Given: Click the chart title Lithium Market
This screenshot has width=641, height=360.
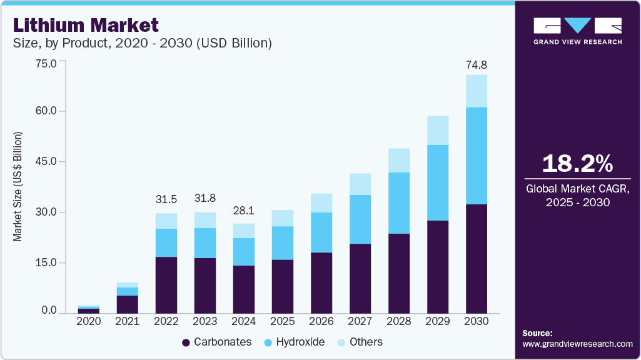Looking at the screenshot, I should [x=86, y=26].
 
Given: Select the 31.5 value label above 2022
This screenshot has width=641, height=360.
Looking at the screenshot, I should [x=166, y=199].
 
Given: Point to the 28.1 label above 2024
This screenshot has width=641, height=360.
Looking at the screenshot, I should [x=244, y=211].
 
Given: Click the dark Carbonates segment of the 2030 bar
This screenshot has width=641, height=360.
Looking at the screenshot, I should [x=477, y=258].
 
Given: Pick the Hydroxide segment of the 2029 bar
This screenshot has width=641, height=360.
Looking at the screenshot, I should [x=438, y=182].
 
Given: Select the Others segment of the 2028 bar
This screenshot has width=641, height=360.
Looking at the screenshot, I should [x=399, y=161].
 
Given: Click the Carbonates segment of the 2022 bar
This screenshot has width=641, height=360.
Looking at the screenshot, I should [x=166, y=284].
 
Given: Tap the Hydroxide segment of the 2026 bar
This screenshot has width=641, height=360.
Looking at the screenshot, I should [x=321, y=232].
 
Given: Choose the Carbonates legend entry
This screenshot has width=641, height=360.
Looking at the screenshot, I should [x=216, y=342].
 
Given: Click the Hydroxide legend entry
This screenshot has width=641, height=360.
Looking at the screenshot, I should [x=293, y=342].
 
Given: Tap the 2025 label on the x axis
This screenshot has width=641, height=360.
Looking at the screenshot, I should [x=283, y=321].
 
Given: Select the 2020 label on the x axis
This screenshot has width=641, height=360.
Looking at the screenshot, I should [x=88, y=321].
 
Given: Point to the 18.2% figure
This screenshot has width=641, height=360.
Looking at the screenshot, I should [x=577, y=164].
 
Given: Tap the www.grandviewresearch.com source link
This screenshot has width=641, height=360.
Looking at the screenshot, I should [x=577, y=344].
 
